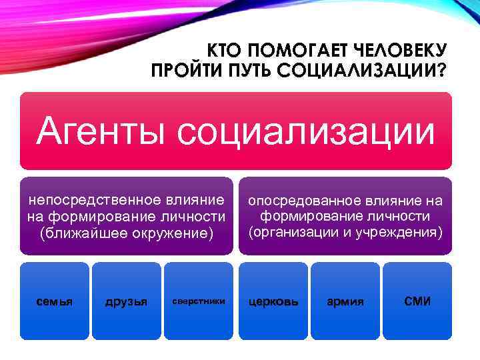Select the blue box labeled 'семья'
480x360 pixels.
54,301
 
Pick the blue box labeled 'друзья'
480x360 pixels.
126,301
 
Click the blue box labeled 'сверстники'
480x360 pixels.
198,301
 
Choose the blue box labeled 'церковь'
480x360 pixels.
273,301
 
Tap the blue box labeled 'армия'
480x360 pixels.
345,301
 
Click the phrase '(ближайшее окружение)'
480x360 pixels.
126,233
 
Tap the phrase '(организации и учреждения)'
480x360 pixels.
345,233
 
